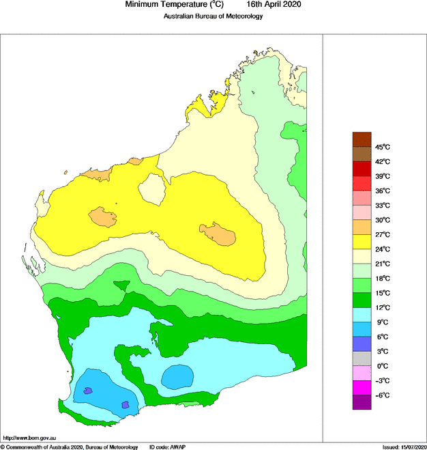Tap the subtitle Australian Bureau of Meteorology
pyautogui.click(x=213, y=16)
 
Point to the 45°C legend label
pyautogui.click(x=382, y=147)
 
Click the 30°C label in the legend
pyautogui.click(x=382, y=220)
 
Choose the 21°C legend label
pyautogui.click(x=382, y=264)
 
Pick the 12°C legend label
pyautogui.click(x=382, y=307)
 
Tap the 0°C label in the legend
pyautogui.click(x=382, y=366)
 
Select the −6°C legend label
pyautogui.click(x=382, y=395)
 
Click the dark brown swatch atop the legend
pyautogui.click(x=362, y=139)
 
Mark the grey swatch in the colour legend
pyautogui.click(x=362, y=358)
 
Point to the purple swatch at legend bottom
pyautogui.click(x=362, y=403)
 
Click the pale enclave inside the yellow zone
pyautogui.click(x=153, y=188)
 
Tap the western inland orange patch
pyautogui.click(x=104, y=217)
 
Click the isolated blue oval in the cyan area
pyautogui.click(x=177, y=375)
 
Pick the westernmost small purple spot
pyautogui.click(x=87, y=391)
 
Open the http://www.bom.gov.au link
pyautogui.click(x=29, y=438)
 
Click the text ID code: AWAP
pyautogui.click(x=168, y=446)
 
